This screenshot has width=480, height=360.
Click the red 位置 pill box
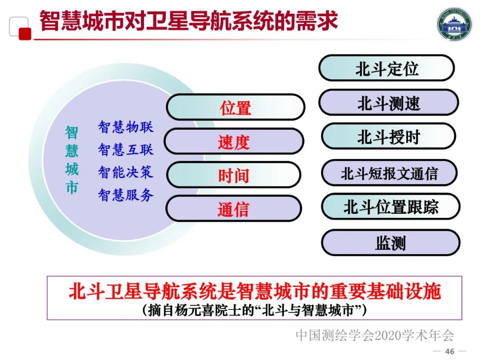tap(236, 108)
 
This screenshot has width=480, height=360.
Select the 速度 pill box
tap(234, 142)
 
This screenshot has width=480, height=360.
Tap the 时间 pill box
tap(233, 176)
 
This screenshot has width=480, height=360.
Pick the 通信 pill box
tap(233, 209)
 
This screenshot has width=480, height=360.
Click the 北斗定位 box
tap(387, 68)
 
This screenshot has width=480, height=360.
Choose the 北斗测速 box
tap(388, 103)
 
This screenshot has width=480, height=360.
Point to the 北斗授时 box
tap(388, 137)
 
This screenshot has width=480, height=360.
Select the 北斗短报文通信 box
tap(389, 173)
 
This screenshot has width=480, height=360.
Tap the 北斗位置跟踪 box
tap(391, 207)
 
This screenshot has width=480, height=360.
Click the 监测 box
tap(391, 243)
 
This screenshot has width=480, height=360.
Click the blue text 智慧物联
tap(126, 127)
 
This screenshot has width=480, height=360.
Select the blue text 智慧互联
tap(126, 149)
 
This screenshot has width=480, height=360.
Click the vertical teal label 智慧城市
tap(72, 160)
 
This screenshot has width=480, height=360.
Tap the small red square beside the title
tap(25, 34)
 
